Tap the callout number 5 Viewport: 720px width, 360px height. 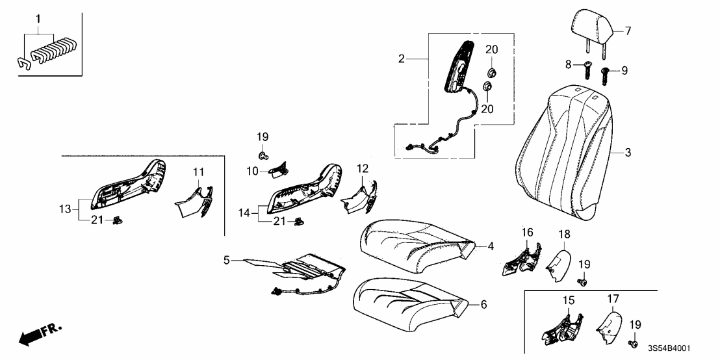(226, 261)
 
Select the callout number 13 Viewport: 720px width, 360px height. (63, 209)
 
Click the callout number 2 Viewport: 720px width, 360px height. (402, 59)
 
